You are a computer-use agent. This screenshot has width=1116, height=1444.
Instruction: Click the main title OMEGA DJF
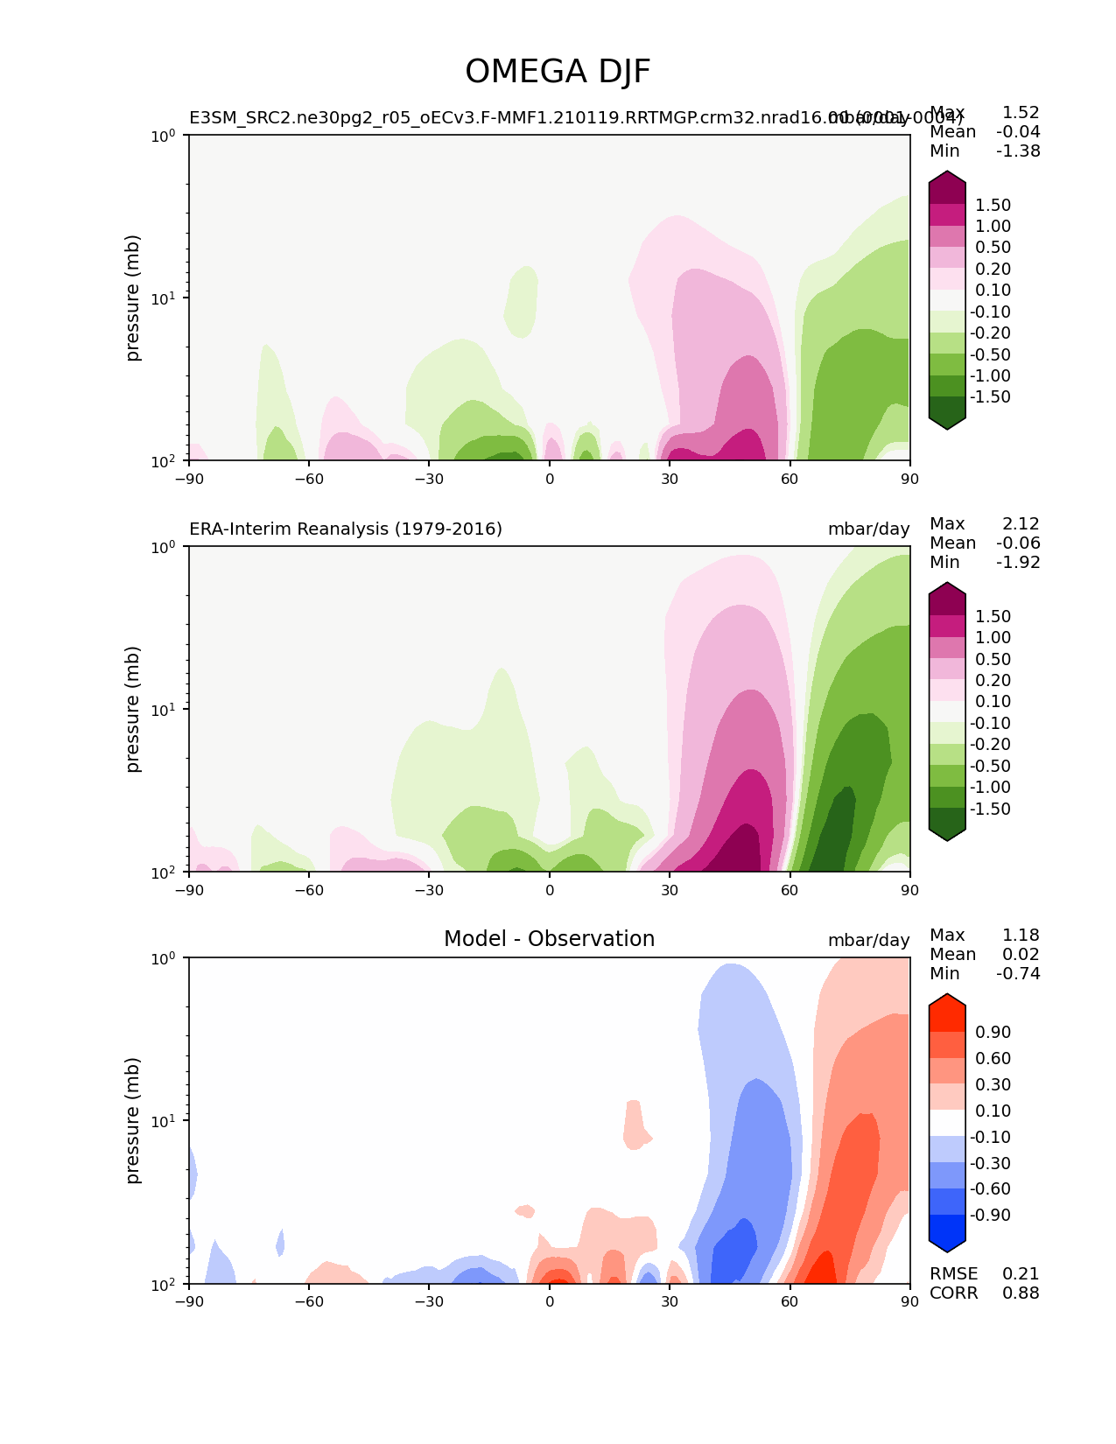coord(558,72)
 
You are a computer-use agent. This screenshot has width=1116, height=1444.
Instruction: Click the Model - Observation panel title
coord(549,939)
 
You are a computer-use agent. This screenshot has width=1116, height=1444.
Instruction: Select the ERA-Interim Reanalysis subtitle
coord(346,529)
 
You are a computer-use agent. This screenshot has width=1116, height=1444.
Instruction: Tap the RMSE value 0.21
coord(1021,1273)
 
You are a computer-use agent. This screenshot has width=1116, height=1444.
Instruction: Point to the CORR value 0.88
coord(1021,1293)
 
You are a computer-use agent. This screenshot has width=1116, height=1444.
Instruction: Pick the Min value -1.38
coord(1018,151)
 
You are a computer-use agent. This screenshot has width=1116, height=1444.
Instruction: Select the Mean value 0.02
coord(1021,954)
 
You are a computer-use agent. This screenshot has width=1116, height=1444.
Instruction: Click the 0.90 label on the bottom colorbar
coord(993,1032)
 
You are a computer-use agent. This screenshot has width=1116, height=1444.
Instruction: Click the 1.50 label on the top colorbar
coord(993,205)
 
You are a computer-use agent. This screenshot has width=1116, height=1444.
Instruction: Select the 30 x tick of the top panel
coord(670,478)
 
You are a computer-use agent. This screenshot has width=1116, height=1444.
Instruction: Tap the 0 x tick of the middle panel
coord(550,890)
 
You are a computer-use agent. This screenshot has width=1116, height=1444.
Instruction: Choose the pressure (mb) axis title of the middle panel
coord(133,709)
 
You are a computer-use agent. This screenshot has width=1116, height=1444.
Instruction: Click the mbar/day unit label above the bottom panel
coord(868,940)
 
